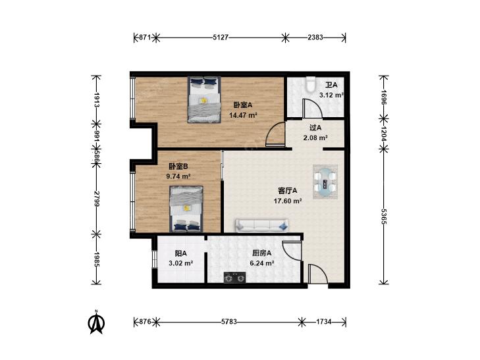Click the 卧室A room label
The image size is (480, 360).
[243, 105]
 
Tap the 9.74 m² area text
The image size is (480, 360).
[178, 176]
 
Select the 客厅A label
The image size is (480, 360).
[288, 191]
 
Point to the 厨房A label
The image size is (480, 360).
[262, 253]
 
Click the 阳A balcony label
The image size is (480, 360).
[180, 253]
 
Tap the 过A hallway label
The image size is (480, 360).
[315, 128]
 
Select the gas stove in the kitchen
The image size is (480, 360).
[235, 278]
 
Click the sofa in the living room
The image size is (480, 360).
[262, 226]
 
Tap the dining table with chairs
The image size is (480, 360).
[325, 182]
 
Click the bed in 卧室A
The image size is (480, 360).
[204, 100]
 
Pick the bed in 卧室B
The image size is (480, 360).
[186, 209]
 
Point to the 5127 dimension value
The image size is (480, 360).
[221, 38]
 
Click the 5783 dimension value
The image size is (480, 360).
[229, 321]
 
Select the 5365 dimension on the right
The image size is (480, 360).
[384, 217]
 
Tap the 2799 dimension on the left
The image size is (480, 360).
[97, 199]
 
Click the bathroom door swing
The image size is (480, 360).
[312, 108]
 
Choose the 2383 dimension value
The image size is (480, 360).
[315, 38]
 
